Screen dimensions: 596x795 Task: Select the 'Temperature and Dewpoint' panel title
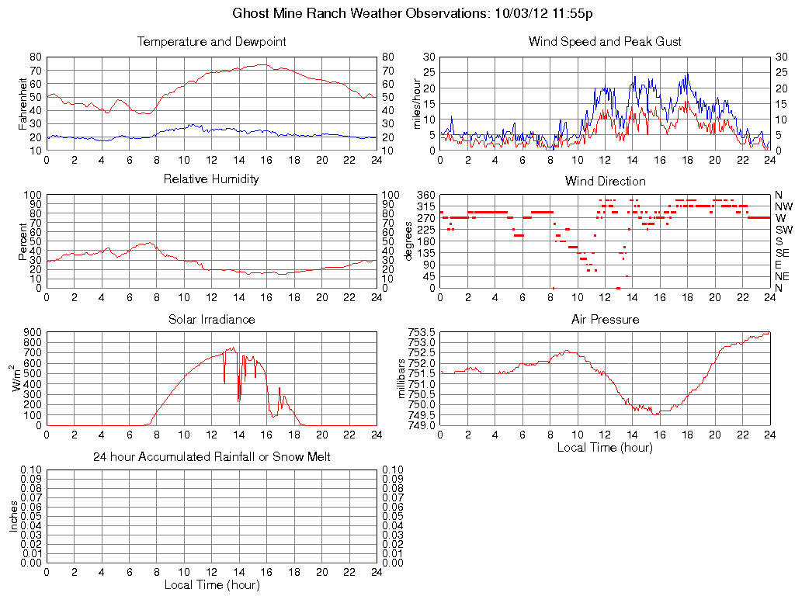click(212, 42)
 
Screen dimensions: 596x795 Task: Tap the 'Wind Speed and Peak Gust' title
click(605, 42)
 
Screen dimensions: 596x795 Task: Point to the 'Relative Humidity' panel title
click(212, 179)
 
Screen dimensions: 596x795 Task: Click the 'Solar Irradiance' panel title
click(212, 319)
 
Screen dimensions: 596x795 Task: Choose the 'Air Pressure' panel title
click(605, 319)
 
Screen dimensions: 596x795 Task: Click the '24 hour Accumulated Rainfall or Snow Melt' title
click(212, 457)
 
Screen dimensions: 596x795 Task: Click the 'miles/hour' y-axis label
click(417, 103)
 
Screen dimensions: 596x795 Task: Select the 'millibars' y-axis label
click(401, 379)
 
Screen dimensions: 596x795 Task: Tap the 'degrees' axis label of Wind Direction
click(408, 241)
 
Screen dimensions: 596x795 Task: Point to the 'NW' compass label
click(782, 206)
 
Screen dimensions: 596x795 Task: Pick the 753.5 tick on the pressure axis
click(423, 332)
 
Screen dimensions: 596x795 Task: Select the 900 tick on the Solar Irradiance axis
click(32, 332)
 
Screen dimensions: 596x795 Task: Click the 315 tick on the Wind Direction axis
click(425, 206)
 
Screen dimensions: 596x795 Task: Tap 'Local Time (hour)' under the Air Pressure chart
click(605, 447)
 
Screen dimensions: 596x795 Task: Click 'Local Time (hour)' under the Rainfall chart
click(212, 584)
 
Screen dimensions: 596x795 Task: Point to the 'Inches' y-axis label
click(13, 516)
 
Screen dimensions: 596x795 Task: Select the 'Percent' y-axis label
click(23, 241)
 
